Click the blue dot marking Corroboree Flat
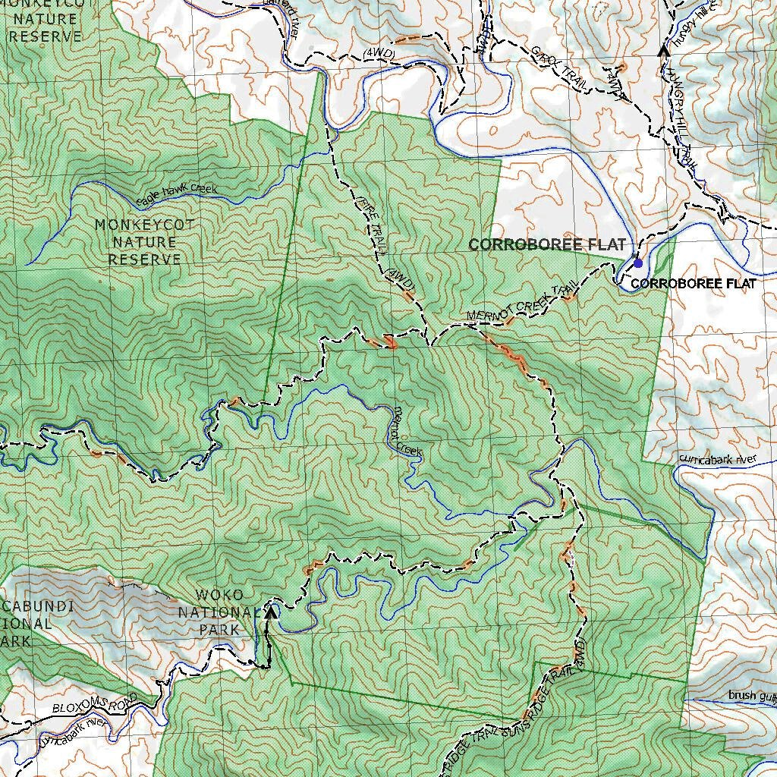point(638,263)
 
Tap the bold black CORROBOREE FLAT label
point(693,284)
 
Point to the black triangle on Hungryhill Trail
point(663,50)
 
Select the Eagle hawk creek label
point(176,194)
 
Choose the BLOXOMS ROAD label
point(96,703)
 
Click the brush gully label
point(752,695)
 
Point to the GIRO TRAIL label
point(558,71)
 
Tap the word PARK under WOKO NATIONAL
point(219,629)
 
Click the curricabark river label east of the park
point(719,459)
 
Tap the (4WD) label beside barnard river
point(377,52)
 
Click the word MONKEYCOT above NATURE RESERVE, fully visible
point(144,225)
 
